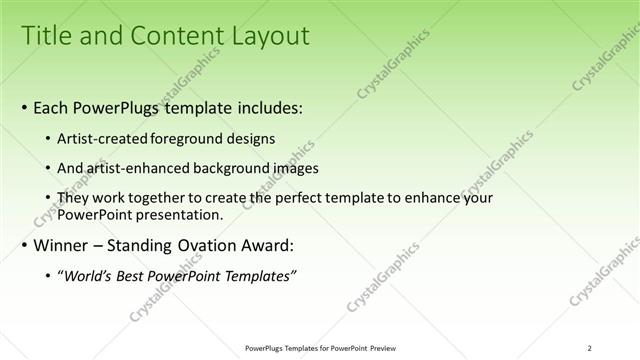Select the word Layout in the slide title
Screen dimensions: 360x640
coord(263,37)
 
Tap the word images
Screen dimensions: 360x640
coord(297,168)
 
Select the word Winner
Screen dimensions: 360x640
coord(63,245)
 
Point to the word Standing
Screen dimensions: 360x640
coord(149,245)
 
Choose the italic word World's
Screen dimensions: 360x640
coord(87,275)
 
